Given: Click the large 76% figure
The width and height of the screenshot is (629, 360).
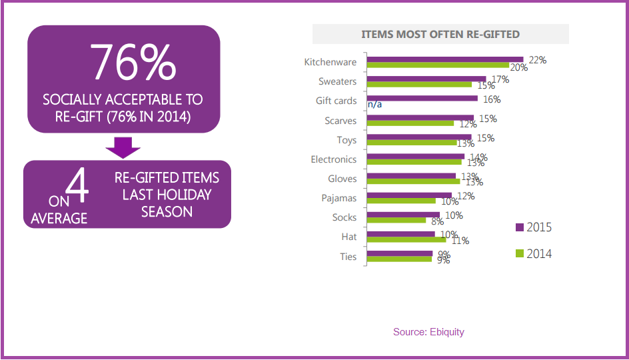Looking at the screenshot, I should point(133,62).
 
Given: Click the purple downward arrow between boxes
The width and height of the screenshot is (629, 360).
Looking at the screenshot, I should point(123,147).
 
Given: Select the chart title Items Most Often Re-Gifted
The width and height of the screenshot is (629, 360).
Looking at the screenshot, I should point(440,34).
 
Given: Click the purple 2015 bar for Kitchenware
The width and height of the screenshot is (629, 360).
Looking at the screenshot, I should point(445,59).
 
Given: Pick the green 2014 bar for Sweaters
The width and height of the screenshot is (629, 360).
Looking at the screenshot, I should point(420,85).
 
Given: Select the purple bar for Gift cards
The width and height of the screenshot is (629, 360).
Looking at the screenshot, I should point(422,98).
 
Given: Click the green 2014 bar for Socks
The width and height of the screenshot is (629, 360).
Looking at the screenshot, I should point(396,220).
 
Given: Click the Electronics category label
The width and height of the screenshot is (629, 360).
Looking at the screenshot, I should point(333,159).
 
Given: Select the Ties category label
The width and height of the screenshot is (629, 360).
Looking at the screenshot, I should point(348,257).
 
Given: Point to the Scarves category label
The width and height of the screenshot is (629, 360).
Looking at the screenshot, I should point(340,121).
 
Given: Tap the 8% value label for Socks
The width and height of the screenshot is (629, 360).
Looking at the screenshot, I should point(437,221).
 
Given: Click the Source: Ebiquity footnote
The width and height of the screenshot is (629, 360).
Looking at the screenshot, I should point(428,331).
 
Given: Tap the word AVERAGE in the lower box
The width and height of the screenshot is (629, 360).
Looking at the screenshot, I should point(60,218).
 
